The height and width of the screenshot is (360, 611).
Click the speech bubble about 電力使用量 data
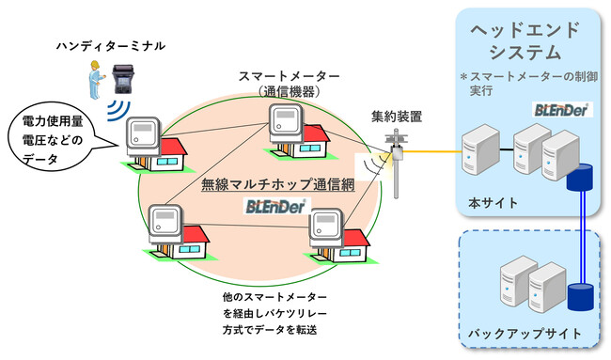click(54, 140)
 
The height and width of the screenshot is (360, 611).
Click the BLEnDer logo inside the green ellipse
click(274, 205)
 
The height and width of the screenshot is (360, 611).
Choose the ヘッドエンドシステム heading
click(531, 39)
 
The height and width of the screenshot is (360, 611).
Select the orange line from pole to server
click(432, 152)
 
